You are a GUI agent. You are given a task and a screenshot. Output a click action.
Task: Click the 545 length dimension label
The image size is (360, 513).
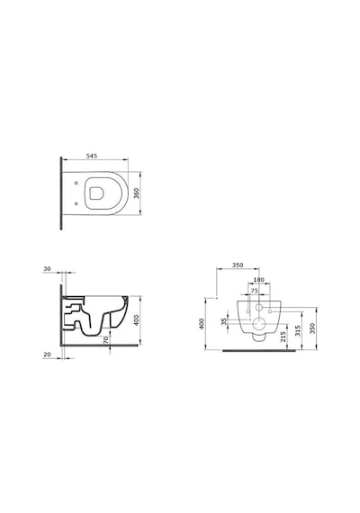pos(92,156)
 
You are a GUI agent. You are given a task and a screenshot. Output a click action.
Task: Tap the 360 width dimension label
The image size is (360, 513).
pos(137,193)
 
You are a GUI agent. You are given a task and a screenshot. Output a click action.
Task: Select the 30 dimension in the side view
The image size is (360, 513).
pos(47,268)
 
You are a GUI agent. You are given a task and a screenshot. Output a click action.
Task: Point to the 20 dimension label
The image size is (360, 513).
pos(47,355)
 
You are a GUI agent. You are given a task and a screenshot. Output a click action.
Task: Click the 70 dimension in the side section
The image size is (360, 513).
pos(105,340)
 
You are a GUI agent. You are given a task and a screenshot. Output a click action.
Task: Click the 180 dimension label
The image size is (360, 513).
pos(259,280)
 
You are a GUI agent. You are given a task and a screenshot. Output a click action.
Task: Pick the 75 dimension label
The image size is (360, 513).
pos(255,291)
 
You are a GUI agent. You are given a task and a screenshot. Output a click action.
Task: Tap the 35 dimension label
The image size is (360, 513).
pos(224,321)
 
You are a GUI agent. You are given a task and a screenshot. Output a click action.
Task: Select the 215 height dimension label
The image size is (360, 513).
pos(283,337)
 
